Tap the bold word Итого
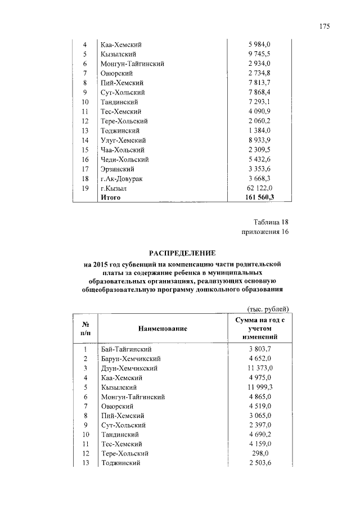coord(111,197)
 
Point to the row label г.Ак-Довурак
coord(121,178)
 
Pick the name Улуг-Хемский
coord(123,140)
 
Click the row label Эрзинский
coord(116,169)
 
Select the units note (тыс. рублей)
coord(268,309)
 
